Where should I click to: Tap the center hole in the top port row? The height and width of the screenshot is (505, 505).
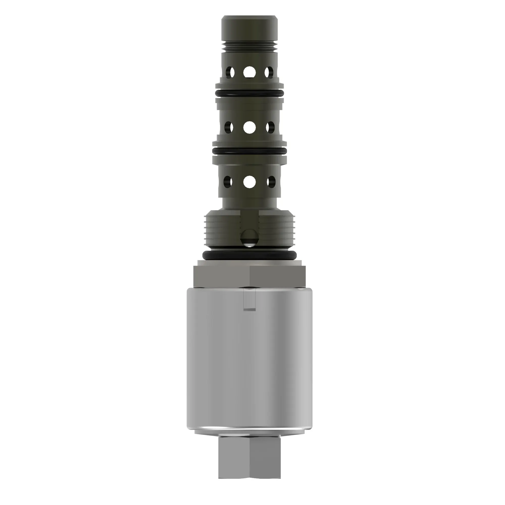[x=249, y=72]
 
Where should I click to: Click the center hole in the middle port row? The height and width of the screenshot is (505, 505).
[x=249, y=127]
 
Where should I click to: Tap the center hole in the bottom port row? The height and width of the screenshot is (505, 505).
[x=249, y=181]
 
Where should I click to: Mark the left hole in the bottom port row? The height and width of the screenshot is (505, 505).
[x=228, y=181]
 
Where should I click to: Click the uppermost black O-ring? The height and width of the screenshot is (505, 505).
[x=249, y=93]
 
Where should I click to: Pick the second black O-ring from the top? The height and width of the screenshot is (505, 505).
[x=249, y=151]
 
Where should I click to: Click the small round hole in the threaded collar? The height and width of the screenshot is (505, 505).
[x=249, y=238]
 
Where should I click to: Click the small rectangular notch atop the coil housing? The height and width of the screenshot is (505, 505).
[x=249, y=300]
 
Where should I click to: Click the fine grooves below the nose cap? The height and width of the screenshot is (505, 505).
[x=249, y=47]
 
